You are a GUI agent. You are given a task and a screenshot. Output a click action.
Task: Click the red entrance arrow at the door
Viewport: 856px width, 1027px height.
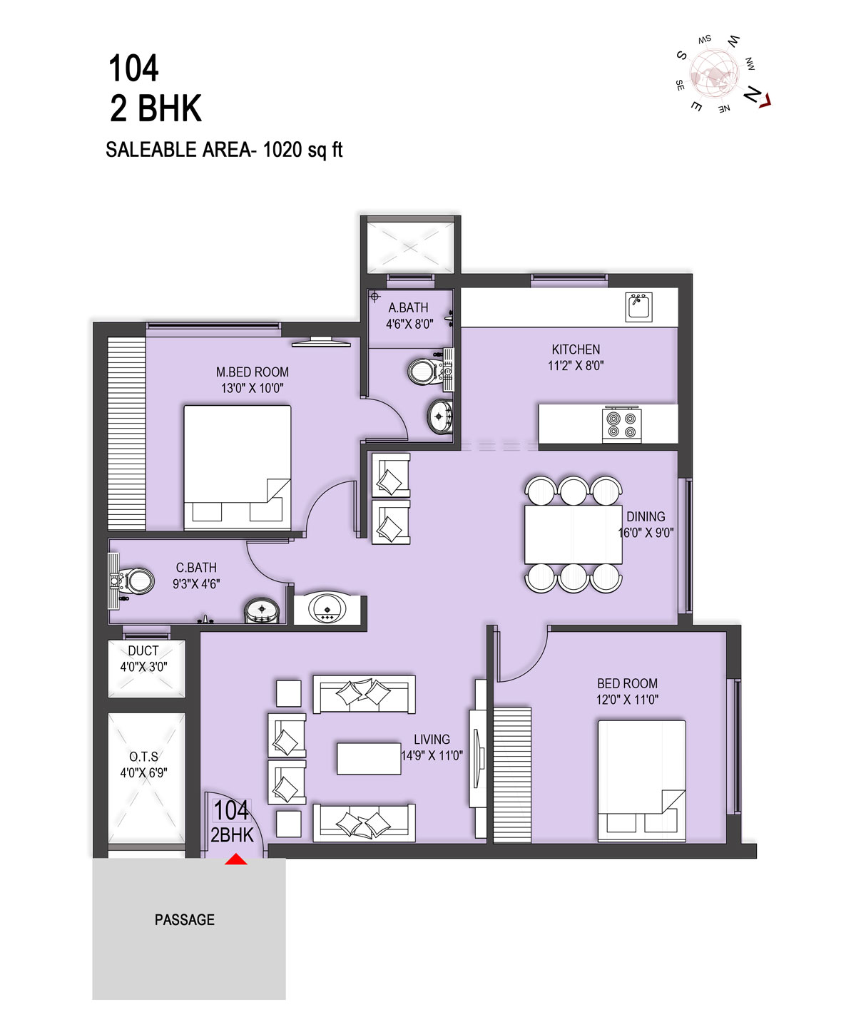[235, 859]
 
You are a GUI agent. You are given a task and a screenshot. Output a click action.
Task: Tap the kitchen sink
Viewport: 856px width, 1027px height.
[638, 307]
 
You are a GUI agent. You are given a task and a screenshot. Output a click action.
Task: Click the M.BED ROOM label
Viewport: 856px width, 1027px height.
[252, 372]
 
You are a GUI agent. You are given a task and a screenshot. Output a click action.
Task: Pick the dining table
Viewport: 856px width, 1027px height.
[573, 534]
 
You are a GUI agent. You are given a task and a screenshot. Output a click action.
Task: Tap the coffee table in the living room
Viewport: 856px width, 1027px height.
[369, 758]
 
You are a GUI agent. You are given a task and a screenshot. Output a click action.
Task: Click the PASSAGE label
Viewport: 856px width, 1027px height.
[185, 920]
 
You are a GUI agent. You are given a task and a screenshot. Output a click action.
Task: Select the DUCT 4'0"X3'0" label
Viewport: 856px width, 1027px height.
[143, 658]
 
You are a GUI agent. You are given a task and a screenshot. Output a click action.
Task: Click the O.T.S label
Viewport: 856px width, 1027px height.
[143, 757]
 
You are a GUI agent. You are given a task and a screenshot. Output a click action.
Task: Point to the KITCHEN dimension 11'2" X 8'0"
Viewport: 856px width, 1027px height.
[576, 366]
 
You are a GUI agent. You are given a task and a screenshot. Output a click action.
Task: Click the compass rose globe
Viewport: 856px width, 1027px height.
[714, 73]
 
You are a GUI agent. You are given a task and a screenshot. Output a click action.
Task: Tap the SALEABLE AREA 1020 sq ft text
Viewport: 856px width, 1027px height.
[224, 150]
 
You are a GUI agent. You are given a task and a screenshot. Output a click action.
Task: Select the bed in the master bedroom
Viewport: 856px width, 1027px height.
[237, 467]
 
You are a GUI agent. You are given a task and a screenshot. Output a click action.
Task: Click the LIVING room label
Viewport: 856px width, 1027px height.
[432, 740]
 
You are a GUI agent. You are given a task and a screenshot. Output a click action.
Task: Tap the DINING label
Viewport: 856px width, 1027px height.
[646, 516]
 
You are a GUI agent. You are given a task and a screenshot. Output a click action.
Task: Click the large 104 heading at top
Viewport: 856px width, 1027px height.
[133, 68]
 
